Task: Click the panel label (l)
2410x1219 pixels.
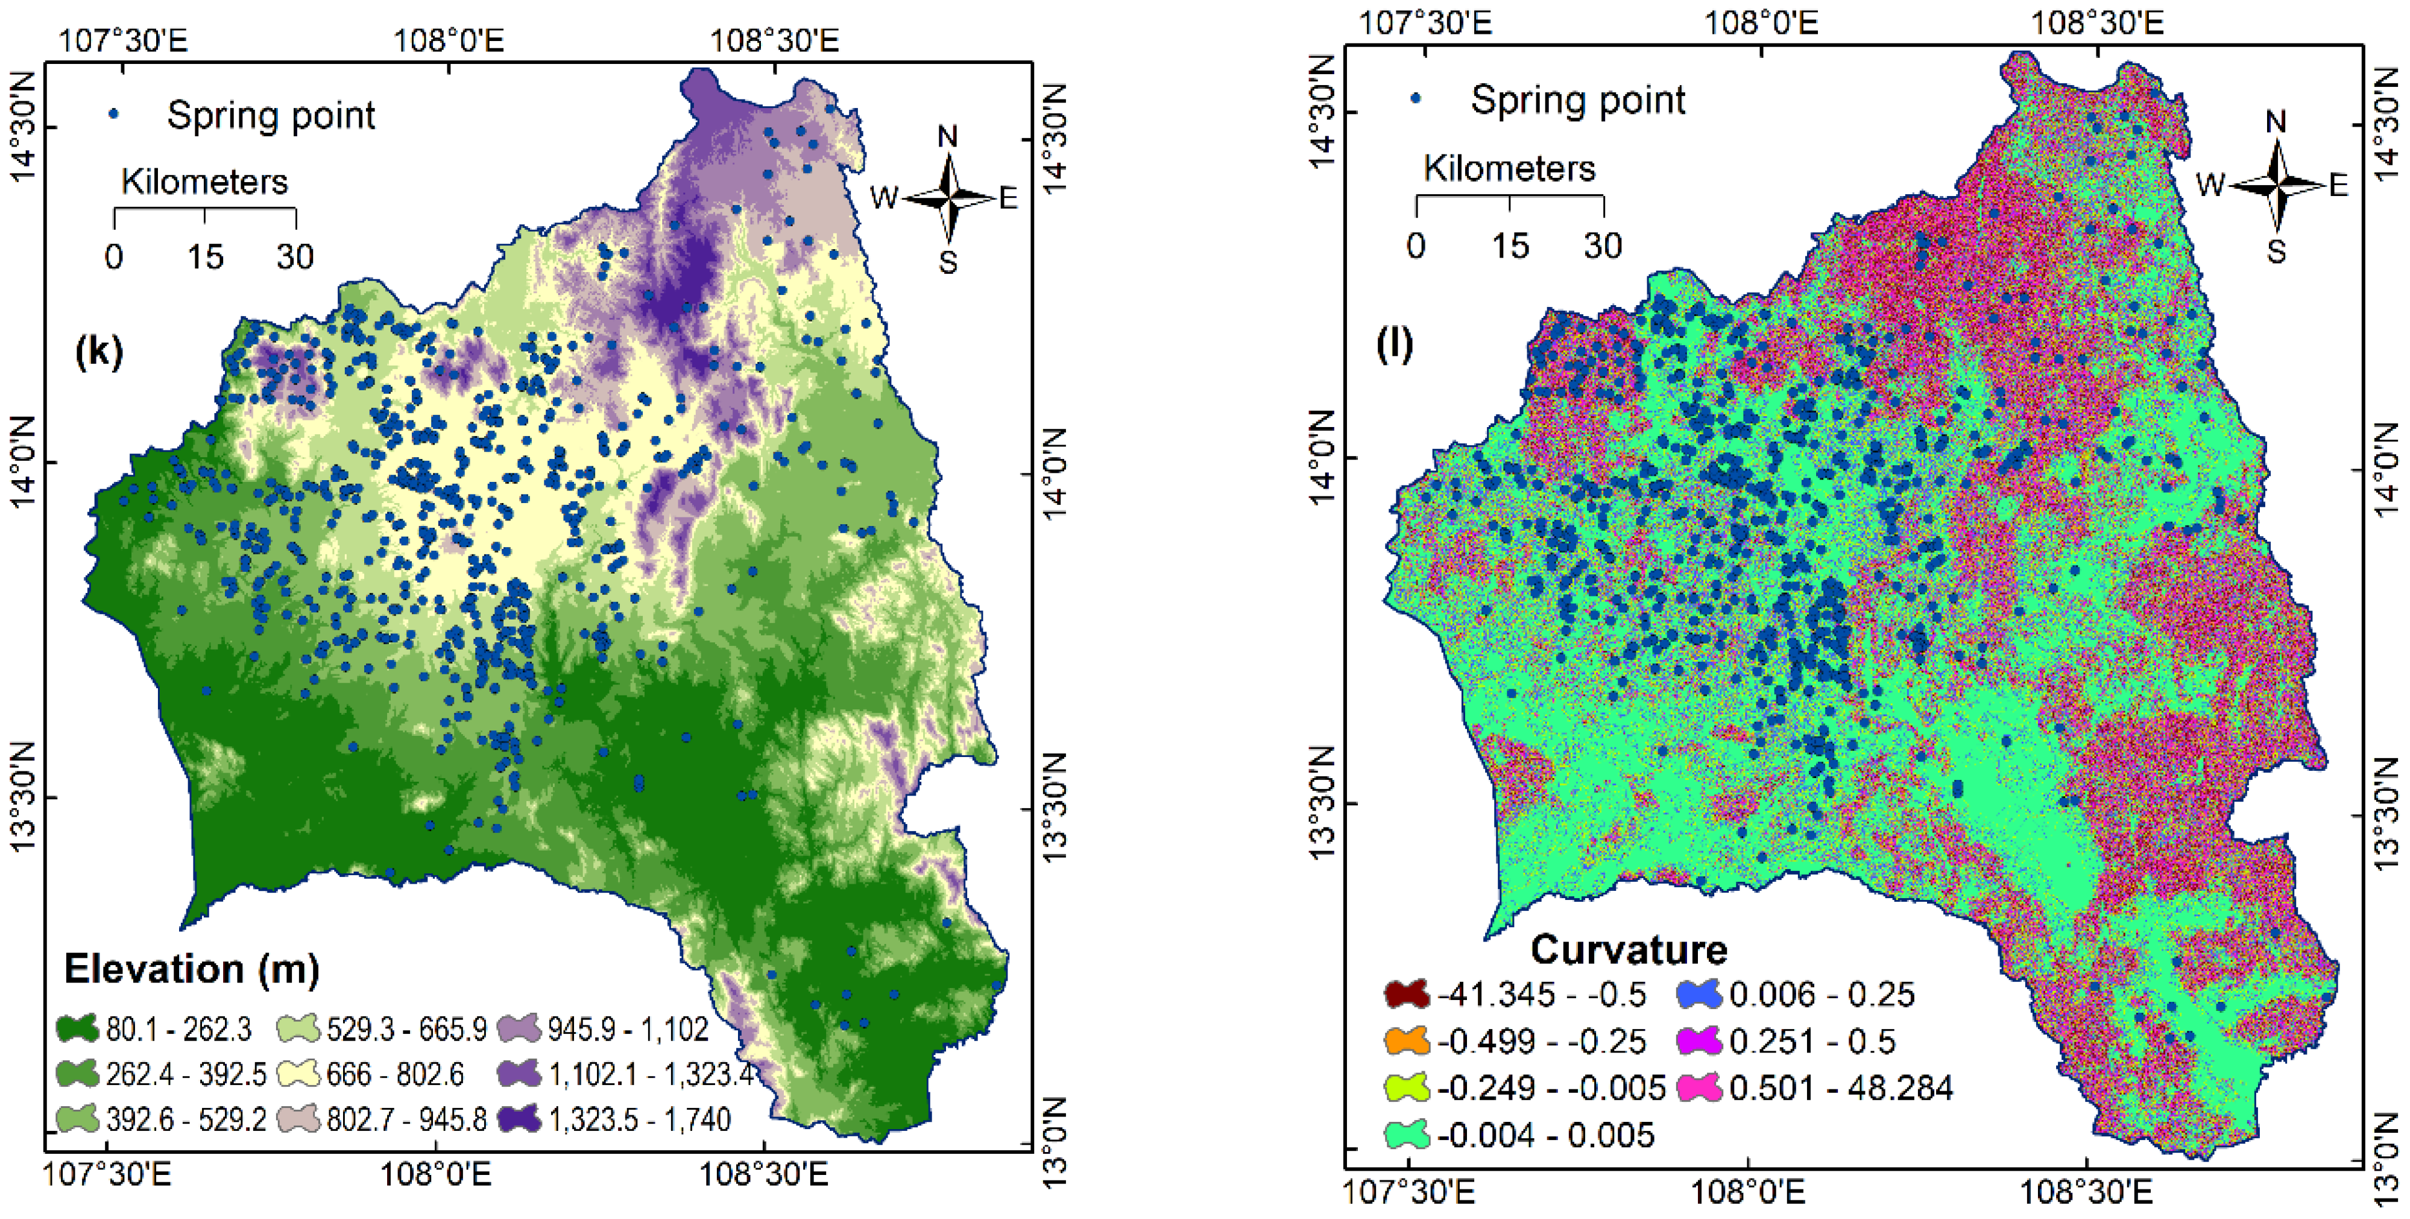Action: click(1394, 344)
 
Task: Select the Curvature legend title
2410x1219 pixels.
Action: click(1628, 949)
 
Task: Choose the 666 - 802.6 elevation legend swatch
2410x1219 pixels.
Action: click(300, 1074)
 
